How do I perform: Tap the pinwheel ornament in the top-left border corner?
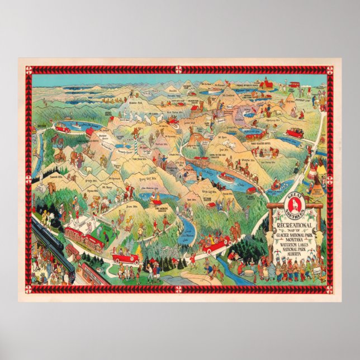[x=29, y=69]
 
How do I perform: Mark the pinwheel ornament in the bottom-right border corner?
[x=330, y=290]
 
